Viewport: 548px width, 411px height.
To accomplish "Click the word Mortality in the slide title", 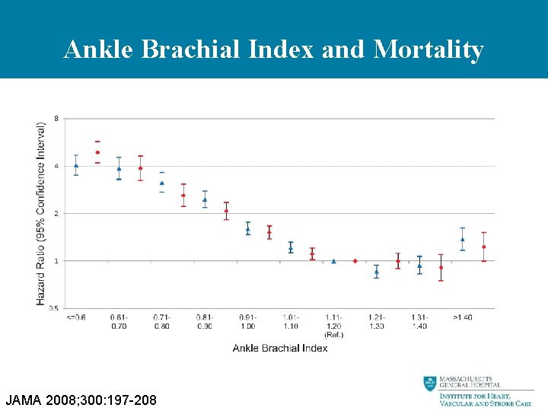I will point(429,50).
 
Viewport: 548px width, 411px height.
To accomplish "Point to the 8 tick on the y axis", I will point(56,119).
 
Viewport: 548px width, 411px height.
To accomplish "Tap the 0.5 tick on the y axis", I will point(53,308).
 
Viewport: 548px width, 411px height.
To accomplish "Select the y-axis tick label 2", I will point(56,213).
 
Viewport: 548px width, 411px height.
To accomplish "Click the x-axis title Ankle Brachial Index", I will point(280,348).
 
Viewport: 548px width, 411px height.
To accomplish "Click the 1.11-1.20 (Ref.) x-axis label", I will point(333,325).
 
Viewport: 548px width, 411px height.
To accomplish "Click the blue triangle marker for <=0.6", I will point(76,165).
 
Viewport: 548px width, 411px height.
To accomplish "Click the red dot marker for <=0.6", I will point(97,152).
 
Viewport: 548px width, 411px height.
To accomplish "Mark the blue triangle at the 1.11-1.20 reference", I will point(333,261).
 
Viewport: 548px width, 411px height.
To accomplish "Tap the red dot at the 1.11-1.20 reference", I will point(355,261).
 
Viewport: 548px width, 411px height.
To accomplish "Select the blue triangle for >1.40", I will point(462,239).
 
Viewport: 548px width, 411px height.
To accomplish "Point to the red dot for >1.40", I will point(483,247).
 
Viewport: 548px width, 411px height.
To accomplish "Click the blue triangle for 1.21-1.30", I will point(376,271).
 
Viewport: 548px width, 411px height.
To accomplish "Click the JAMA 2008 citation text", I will point(81,399).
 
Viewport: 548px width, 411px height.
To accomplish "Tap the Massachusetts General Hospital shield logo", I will point(431,384).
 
